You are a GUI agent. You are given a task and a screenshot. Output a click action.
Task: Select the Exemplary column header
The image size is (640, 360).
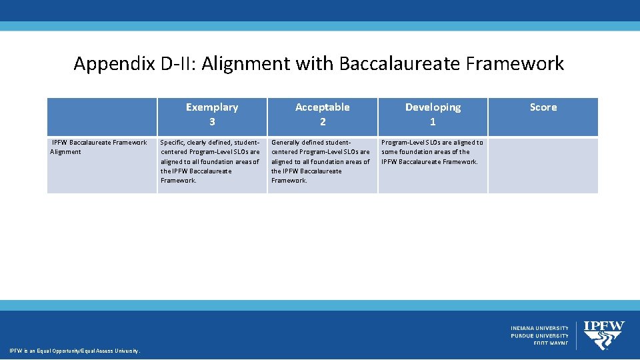212,107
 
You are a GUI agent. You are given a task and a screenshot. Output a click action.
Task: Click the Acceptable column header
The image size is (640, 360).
323,107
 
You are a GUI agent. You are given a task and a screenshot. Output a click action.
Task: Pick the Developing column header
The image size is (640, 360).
433,107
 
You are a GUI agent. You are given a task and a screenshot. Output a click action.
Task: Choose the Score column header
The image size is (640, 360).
543,107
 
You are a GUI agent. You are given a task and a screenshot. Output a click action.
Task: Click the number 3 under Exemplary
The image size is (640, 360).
212,122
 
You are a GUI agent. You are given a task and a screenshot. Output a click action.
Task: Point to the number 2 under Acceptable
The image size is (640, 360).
323,122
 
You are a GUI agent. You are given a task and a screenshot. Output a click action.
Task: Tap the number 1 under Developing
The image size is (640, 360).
433,122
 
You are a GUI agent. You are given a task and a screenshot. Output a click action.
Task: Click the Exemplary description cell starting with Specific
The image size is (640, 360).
211,161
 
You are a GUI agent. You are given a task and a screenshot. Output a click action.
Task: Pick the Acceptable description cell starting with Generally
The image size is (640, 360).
321,161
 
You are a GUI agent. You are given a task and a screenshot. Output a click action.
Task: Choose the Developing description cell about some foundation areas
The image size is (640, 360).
432,152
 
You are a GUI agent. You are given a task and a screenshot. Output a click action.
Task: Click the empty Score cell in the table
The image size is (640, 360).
543,165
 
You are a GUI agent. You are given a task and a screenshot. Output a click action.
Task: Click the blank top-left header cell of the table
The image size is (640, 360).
102,117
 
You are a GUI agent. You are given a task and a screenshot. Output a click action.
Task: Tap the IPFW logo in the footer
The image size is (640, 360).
604,335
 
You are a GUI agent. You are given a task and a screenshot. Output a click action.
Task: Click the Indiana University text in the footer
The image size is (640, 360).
539,328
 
